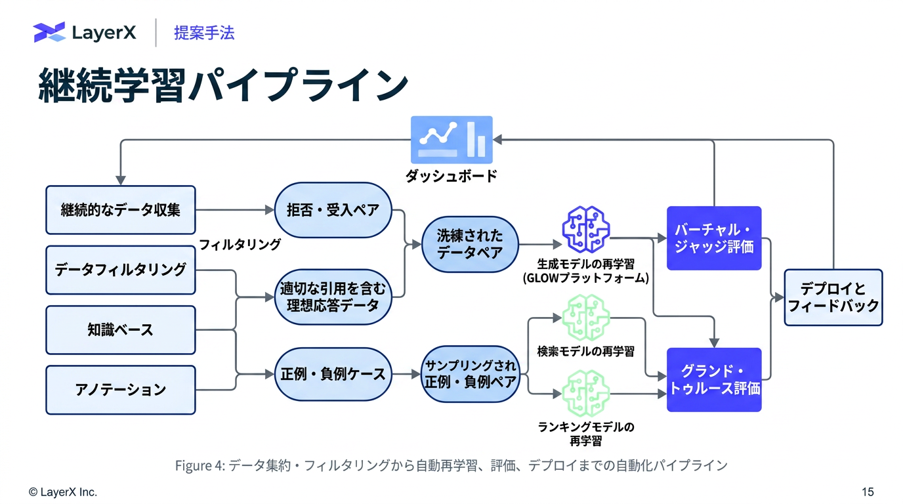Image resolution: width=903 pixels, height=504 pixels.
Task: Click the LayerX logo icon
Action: [x=49, y=32]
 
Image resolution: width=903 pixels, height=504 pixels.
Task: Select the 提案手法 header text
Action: [x=204, y=33]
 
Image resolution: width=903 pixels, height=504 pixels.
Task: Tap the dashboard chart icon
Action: [x=451, y=139]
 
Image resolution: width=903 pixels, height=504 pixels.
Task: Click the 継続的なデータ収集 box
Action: [x=121, y=210]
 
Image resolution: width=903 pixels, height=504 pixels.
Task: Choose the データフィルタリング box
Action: [x=121, y=270]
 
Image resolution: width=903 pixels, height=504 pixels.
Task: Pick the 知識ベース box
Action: [x=121, y=329]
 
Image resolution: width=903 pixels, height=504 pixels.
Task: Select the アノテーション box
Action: [x=121, y=390]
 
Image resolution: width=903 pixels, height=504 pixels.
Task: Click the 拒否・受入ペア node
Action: [x=333, y=210]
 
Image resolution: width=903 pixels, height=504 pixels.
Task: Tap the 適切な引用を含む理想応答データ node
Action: [x=333, y=297]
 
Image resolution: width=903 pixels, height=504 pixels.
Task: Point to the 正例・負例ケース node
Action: [x=333, y=374]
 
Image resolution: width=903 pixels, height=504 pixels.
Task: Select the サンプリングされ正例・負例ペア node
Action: [x=470, y=374]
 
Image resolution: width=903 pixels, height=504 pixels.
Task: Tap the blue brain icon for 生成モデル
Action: [x=586, y=229]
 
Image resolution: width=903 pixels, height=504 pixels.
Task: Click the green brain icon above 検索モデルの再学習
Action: [x=586, y=318]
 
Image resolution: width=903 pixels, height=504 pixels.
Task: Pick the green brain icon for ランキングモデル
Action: [x=586, y=394]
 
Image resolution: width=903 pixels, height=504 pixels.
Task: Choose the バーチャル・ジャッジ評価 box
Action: [x=714, y=238]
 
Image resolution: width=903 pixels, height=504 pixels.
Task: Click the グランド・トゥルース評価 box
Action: [x=714, y=379]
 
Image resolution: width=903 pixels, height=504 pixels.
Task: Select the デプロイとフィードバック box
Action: [x=833, y=297]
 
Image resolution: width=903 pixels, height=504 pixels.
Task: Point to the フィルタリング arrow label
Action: [x=240, y=245]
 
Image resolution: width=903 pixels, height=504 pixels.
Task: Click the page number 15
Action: [x=868, y=492]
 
